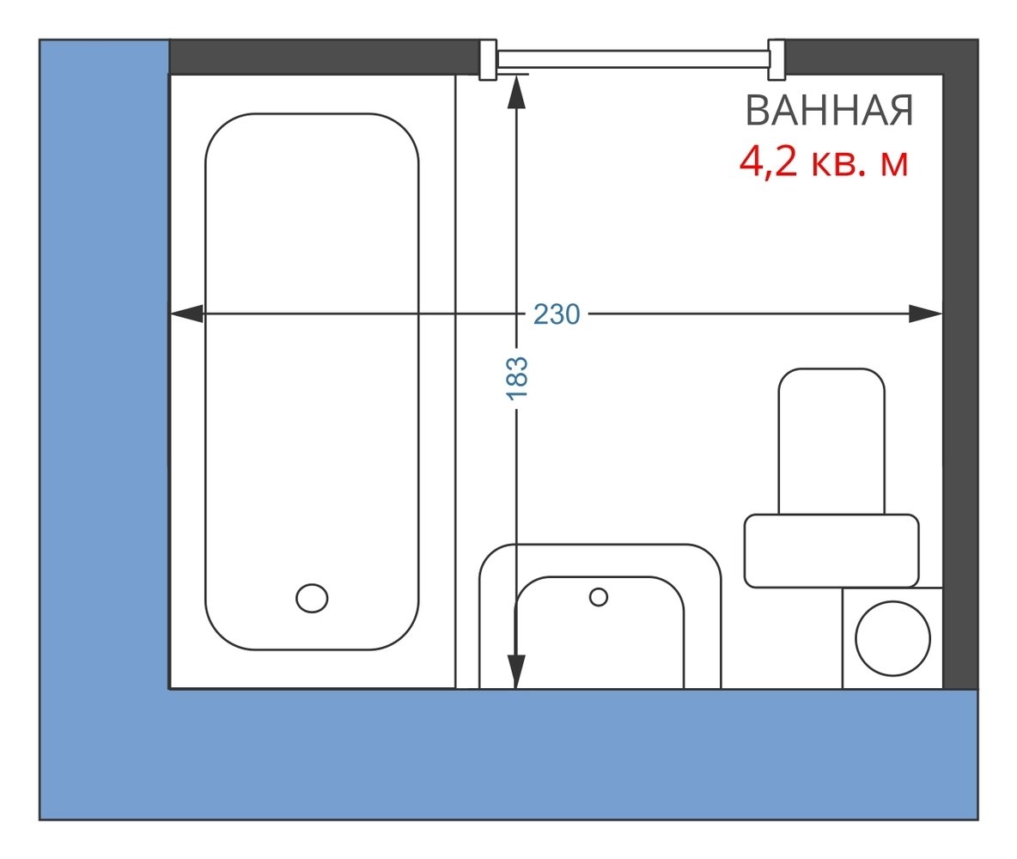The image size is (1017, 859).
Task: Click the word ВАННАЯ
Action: tap(829, 112)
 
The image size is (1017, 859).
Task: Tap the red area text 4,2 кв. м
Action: tap(824, 162)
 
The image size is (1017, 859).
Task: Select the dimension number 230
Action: tap(557, 314)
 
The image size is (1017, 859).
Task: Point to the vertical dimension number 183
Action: tap(516, 378)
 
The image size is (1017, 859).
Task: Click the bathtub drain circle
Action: tap(312, 597)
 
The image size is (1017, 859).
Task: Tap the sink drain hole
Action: tap(599, 596)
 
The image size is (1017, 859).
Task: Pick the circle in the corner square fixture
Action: tap(893, 638)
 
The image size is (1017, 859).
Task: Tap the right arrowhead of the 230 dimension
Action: tap(926, 314)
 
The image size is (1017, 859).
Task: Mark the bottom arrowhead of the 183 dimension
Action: tap(516, 671)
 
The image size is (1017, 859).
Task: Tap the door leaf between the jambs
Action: tap(632, 58)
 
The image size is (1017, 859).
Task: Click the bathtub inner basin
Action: tap(312, 378)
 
